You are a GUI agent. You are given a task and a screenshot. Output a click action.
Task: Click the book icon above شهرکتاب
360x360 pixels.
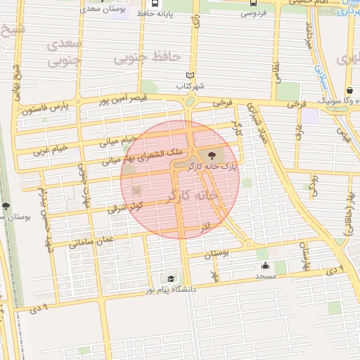pyautogui.click(x=190, y=75)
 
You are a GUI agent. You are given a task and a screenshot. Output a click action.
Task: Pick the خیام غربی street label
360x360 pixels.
pyautogui.click(x=52, y=150)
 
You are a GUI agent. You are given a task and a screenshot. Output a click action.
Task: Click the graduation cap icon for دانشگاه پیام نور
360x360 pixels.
pyautogui.click(x=169, y=278)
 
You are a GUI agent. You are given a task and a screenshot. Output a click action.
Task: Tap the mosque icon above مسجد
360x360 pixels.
pyautogui.click(x=265, y=266)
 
